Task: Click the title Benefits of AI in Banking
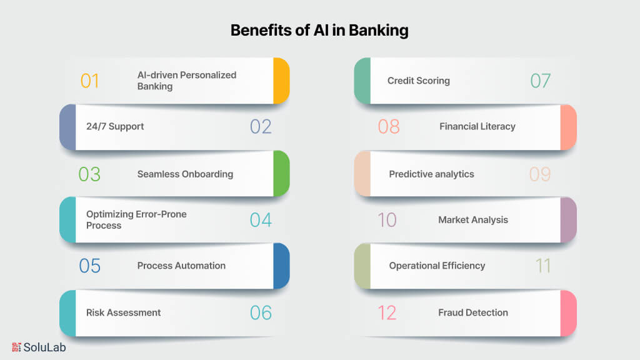click(319, 31)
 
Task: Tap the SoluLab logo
click(39, 347)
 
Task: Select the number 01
click(89, 81)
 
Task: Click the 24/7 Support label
click(115, 126)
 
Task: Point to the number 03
click(89, 174)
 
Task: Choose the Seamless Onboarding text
click(185, 174)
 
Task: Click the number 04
click(261, 220)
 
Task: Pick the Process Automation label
click(181, 266)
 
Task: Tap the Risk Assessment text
click(123, 312)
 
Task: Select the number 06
click(261, 312)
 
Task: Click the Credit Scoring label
click(418, 80)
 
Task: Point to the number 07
click(541, 81)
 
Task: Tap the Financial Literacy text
click(477, 126)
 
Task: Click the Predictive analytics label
click(431, 174)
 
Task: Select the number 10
click(387, 220)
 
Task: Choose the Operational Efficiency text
click(437, 266)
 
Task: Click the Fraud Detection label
click(472, 312)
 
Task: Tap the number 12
click(387, 312)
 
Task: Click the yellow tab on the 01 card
click(281, 81)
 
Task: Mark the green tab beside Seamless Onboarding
click(281, 174)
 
